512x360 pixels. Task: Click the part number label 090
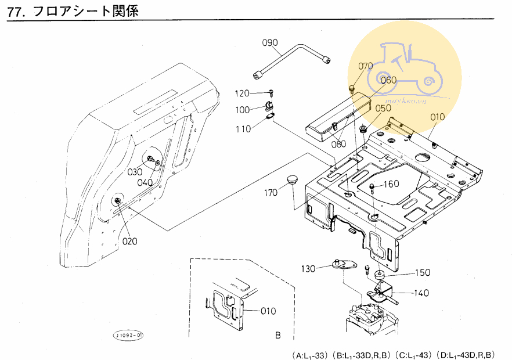[x=271, y=42]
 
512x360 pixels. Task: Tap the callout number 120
[x=243, y=93]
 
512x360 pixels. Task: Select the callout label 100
[x=243, y=110]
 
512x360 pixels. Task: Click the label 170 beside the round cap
[x=272, y=193]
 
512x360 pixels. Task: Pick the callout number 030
[x=135, y=172]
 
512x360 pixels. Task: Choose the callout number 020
[x=129, y=241]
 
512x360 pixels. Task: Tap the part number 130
[x=308, y=269]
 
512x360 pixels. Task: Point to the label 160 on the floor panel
[x=391, y=184]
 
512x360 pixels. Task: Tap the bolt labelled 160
[x=372, y=187]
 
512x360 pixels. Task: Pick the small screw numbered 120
[x=271, y=92]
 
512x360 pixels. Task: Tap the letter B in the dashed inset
[x=277, y=336]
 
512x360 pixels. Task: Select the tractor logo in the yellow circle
[x=406, y=67]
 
